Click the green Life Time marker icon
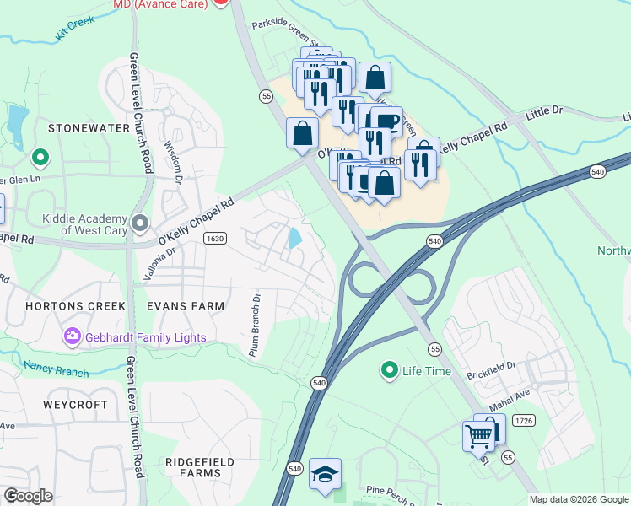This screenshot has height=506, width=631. click(389, 370)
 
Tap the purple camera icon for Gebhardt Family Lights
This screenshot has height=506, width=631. click(72, 337)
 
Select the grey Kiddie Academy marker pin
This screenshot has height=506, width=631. click(140, 223)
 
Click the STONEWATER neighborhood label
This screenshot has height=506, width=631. click(89, 128)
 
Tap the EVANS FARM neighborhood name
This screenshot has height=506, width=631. click(186, 306)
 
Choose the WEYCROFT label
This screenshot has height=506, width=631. click(76, 405)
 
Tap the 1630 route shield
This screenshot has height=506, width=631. click(215, 239)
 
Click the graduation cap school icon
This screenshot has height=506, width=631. click(325, 473)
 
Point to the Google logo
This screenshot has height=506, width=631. click(28, 496)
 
